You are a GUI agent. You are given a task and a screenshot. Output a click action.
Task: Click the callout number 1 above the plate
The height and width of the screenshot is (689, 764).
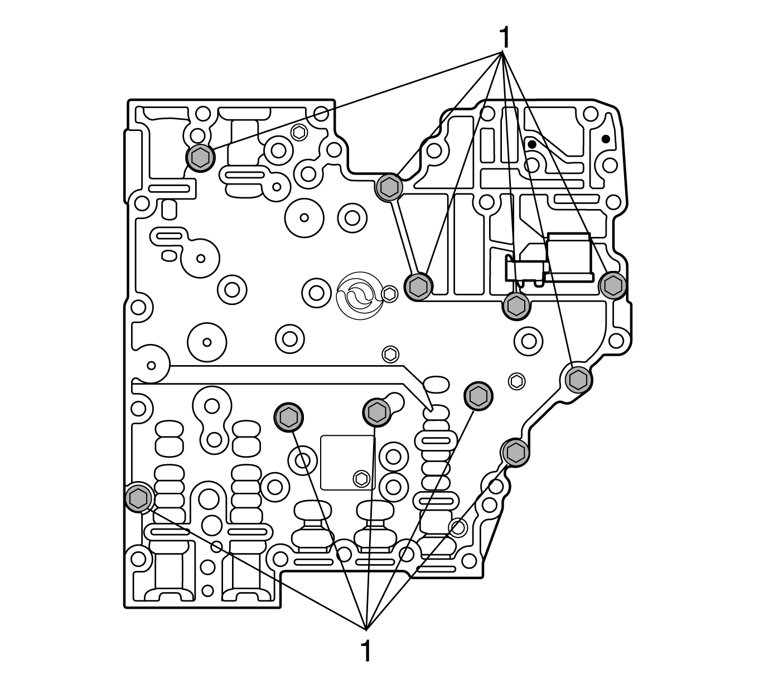[x=504, y=38]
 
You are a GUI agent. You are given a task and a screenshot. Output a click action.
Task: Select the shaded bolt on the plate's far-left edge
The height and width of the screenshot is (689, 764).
[x=137, y=497]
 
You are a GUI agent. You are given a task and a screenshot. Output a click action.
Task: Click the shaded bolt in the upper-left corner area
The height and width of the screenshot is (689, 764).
[x=199, y=158]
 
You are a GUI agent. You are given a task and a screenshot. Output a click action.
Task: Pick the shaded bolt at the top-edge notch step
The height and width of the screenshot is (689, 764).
[x=389, y=187]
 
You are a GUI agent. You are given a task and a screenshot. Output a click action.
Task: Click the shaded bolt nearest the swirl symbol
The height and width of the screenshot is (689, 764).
[x=418, y=287]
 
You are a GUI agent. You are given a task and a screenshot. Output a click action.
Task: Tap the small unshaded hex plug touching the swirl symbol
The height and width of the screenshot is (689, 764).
[x=390, y=292]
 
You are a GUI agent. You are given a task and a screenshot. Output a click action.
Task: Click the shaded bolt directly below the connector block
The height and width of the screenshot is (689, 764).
[x=516, y=306]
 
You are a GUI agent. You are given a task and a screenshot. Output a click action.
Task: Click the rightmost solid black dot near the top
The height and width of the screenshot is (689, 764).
[x=605, y=138]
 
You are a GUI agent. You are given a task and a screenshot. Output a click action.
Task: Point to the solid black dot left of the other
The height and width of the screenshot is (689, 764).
[x=532, y=144]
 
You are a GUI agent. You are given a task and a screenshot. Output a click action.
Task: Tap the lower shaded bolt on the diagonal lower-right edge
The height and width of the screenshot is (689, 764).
[x=515, y=452]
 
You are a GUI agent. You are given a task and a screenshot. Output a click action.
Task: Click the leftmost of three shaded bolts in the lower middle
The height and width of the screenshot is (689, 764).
[x=288, y=416]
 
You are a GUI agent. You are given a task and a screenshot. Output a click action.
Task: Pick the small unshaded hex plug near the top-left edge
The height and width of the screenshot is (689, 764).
[x=299, y=133]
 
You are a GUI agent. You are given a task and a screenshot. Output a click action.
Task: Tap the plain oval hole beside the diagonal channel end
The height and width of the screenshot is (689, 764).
[x=437, y=385]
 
